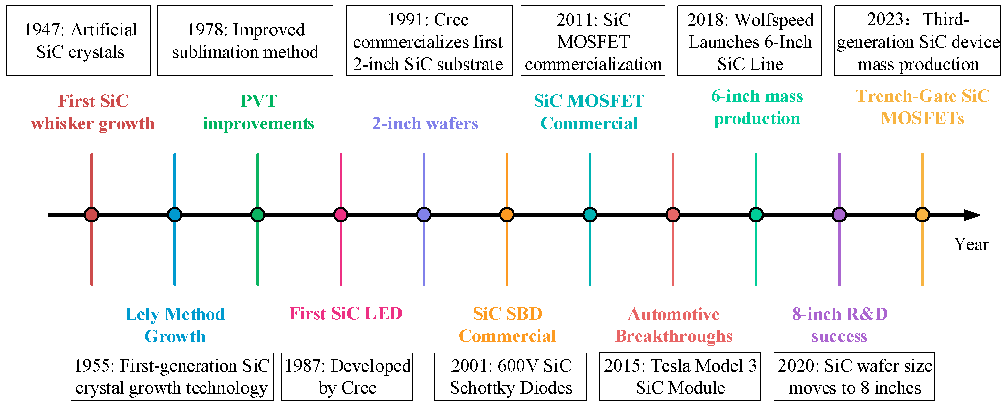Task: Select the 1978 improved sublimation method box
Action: pyautogui.click(x=245, y=41)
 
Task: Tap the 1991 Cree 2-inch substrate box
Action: pyautogui.click(x=429, y=41)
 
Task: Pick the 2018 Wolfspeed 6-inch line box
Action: pyautogui.click(x=749, y=41)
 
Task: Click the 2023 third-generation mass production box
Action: pyautogui.click(x=917, y=41)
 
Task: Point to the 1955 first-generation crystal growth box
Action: pyautogui.click(x=172, y=376)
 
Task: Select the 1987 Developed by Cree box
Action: pyautogui.click(x=347, y=376)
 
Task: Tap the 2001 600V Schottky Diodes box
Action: pyautogui.click(x=510, y=376)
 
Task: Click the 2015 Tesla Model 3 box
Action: pyautogui.click(x=680, y=376)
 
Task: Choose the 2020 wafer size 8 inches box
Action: pyautogui.click(x=854, y=376)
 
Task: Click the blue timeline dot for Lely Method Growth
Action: pyautogui.click(x=175, y=214)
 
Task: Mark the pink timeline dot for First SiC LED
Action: pyautogui.click(x=341, y=214)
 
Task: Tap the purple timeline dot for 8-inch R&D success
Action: pyautogui.click(x=839, y=214)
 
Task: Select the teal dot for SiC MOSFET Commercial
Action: pyautogui.click(x=590, y=214)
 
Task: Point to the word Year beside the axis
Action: pyautogui.click(x=971, y=244)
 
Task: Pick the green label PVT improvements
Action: pyautogui.click(x=258, y=112)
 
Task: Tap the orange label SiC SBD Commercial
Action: pyautogui.click(x=507, y=325)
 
